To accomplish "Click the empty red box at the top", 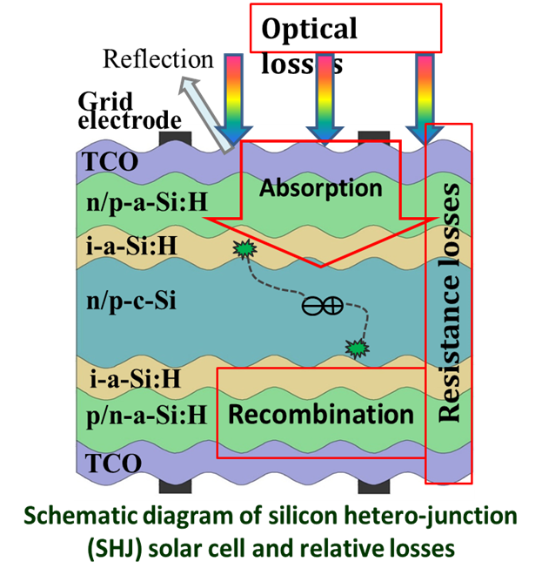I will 345,28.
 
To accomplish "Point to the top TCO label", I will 107,160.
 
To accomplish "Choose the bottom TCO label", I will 111,461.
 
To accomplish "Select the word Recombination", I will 321,414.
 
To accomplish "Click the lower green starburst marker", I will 356,349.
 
